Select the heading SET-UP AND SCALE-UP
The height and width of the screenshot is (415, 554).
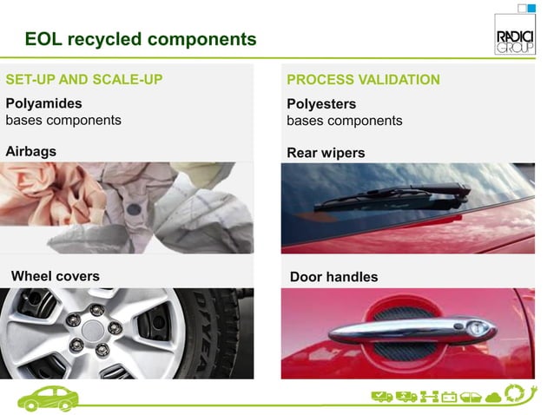pos(84,80)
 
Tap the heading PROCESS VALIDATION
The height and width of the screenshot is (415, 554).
pos(363,80)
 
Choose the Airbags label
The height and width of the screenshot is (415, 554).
pos(31,151)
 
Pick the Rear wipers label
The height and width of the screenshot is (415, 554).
pos(326,153)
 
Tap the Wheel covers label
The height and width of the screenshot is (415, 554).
pos(55,276)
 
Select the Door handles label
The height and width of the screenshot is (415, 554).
pos(333,277)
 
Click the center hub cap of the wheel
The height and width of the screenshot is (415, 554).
pos(94,330)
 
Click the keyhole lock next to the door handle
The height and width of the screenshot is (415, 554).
pos(478,329)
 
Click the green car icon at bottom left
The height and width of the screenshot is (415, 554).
pos(49,398)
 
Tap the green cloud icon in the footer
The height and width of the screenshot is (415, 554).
pos(492,399)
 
